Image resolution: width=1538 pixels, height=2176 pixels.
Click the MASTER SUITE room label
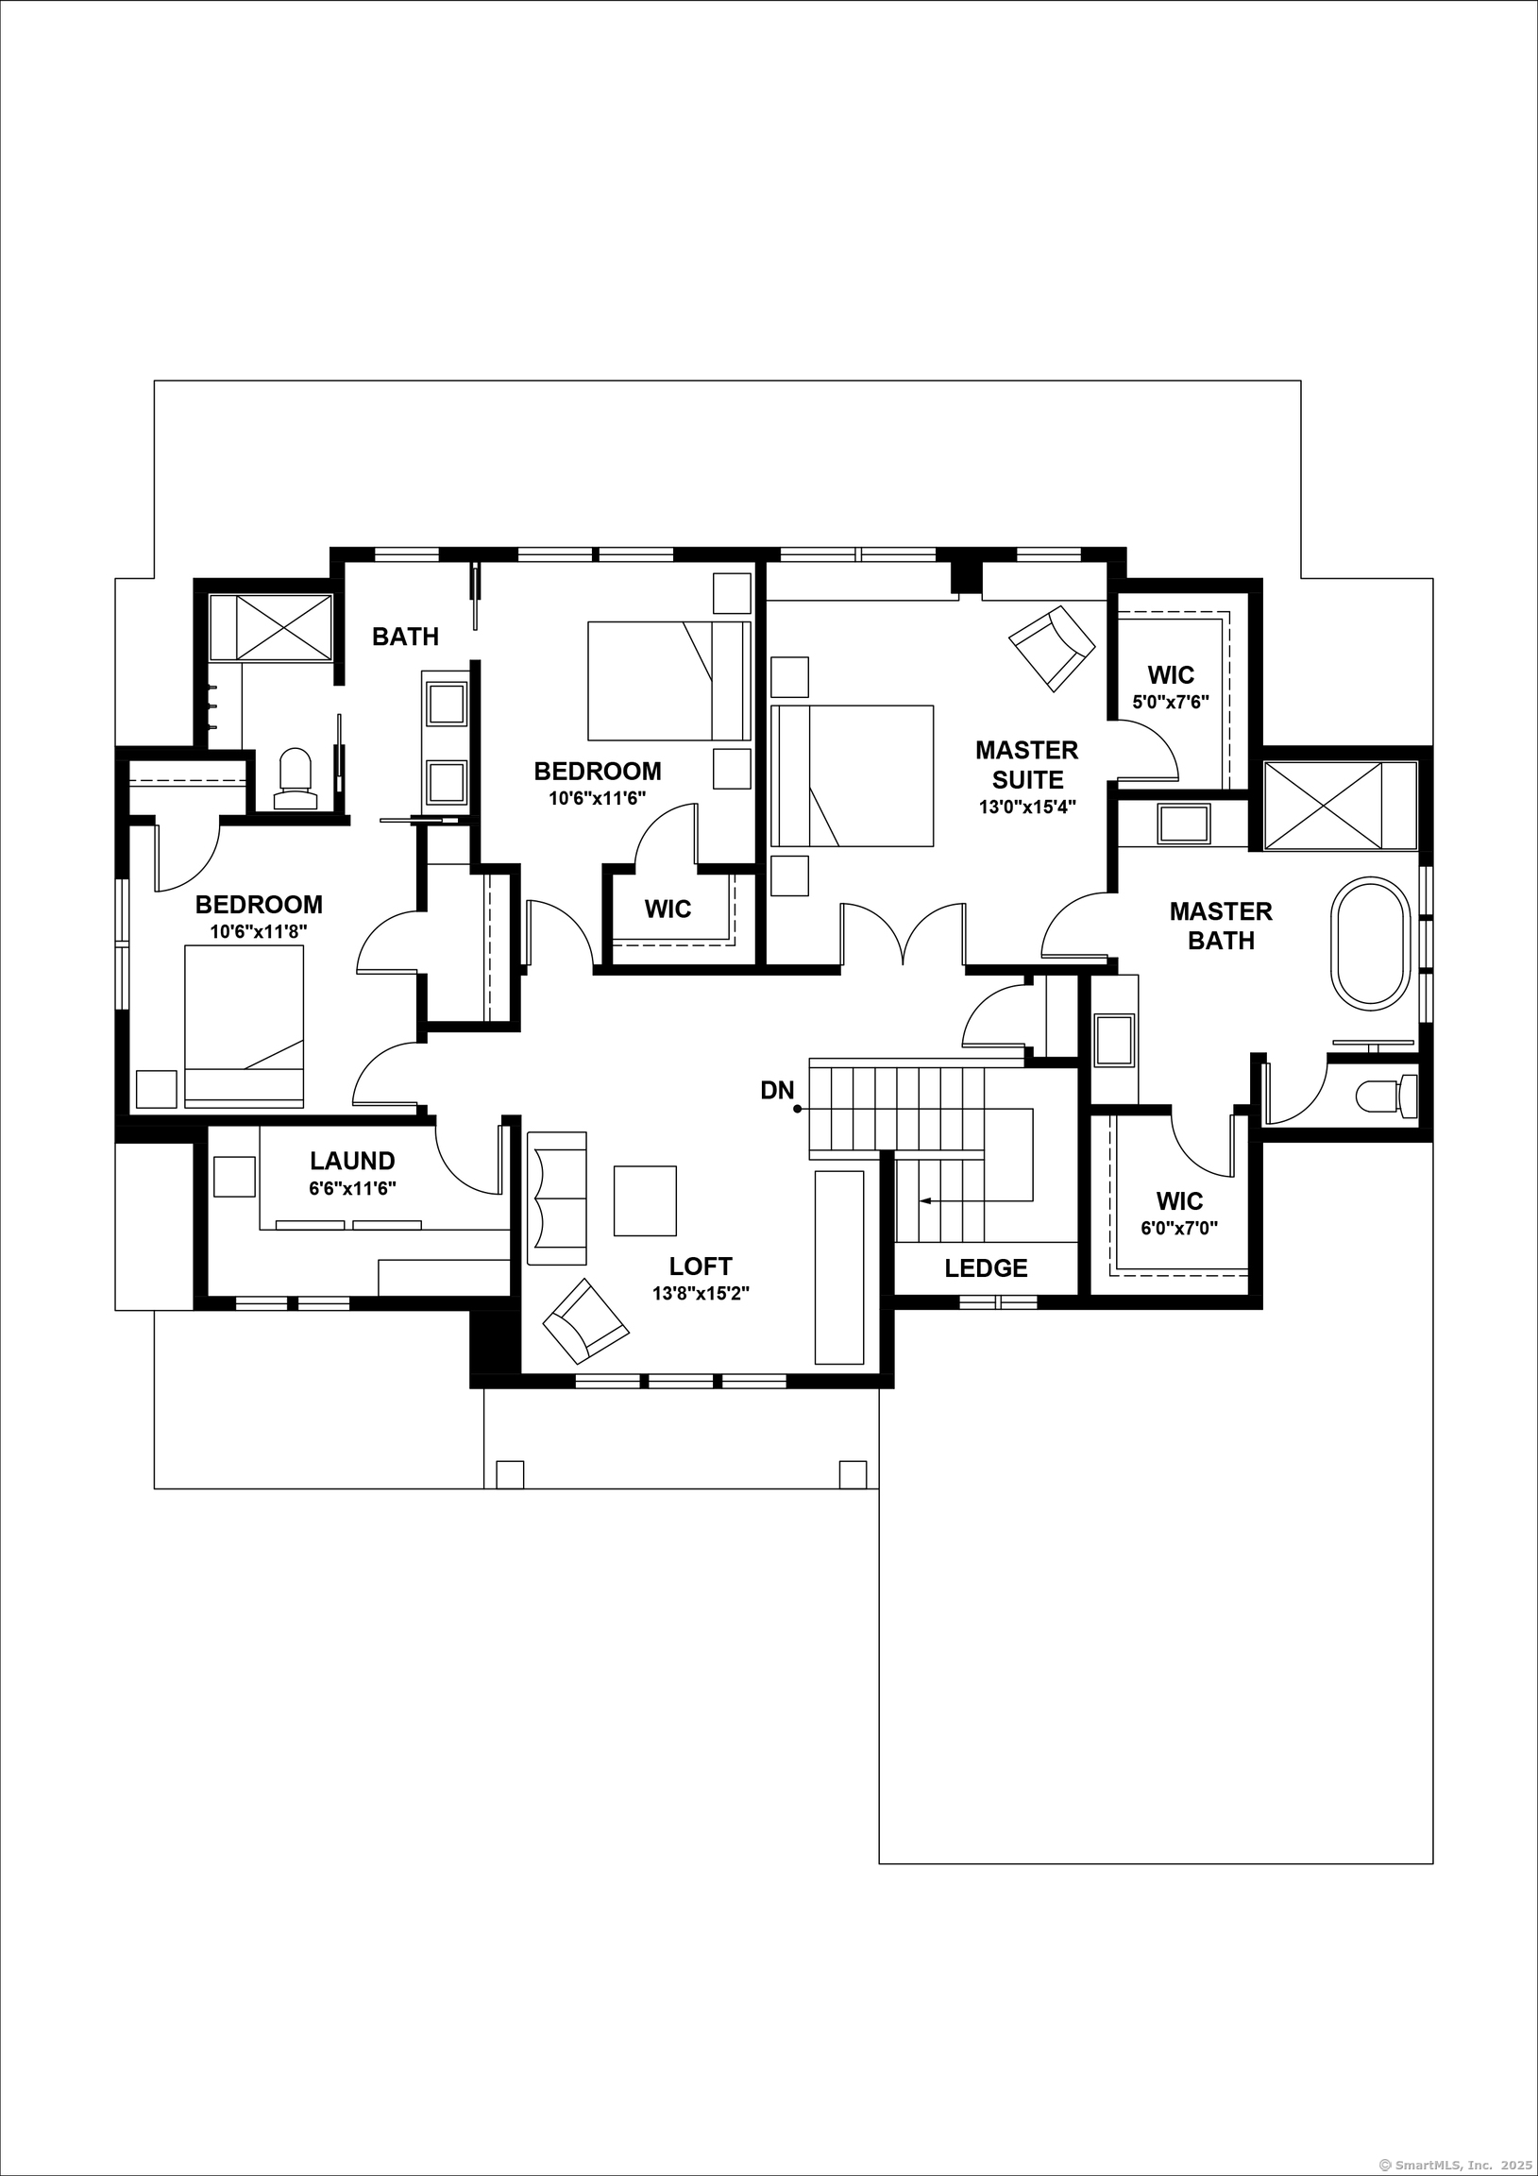[1026, 765]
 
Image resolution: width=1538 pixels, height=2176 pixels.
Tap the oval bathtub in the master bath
[1370, 943]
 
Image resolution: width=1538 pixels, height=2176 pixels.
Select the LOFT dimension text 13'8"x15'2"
[701, 1293]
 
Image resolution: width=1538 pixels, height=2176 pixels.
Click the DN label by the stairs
[776, 1091]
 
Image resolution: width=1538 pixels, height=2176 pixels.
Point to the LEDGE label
[986, 1268]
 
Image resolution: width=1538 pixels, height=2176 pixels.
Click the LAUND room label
[352, 1161]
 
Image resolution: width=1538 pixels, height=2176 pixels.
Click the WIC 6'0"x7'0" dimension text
[1179, 1228]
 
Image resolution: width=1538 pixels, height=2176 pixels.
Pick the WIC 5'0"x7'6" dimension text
[1171, 703]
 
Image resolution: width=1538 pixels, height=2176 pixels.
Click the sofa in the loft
[557, 1198]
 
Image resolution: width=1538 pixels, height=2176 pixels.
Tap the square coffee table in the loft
[645, 1200]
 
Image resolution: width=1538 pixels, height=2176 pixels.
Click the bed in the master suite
[852, 776]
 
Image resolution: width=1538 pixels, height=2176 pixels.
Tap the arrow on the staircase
[924, 1200]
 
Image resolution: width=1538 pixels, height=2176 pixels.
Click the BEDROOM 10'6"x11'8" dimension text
[259, 931]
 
